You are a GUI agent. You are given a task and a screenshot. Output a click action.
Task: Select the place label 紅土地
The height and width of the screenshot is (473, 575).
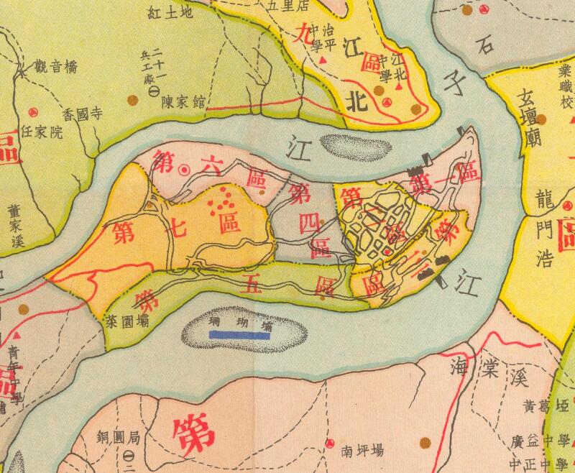tap(170, 13)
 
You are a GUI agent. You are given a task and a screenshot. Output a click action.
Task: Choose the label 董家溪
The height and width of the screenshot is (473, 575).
tap(15, 226)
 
